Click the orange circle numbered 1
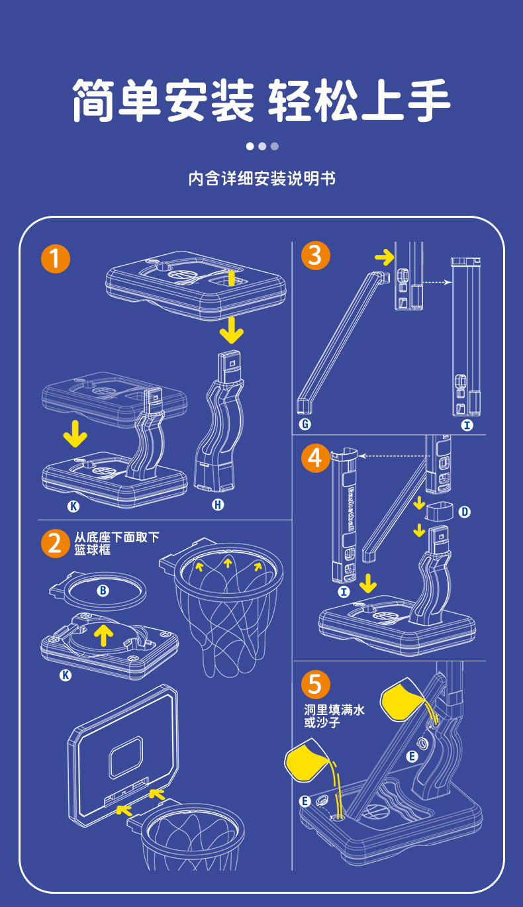coord(56,258)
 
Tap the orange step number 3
coord(315,255)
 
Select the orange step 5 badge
coord(315,684)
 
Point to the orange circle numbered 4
coord(315,458)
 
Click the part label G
coord(305,424)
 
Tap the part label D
coord(464,511)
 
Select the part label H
coord(218,505)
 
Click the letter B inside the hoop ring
coord(103,591)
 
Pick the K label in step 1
coord(73,506)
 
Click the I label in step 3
coord(467,425)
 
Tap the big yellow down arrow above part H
coord(231,329)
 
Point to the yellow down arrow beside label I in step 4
coord(368,583)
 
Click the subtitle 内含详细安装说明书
coord(261,179)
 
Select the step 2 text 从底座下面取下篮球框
coord(117,543)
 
